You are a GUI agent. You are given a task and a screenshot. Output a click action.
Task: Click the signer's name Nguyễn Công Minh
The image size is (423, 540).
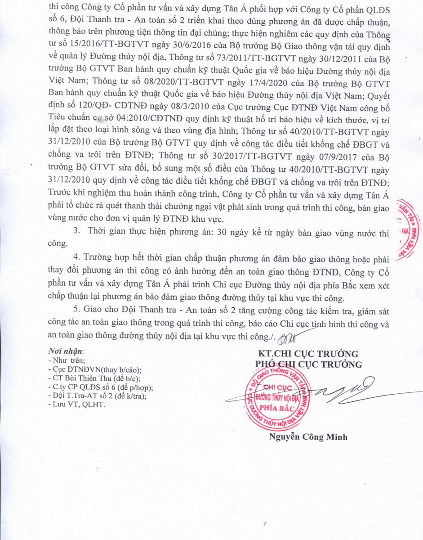[308, 436]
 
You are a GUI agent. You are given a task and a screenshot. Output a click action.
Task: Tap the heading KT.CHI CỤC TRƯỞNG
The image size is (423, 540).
[307, 353]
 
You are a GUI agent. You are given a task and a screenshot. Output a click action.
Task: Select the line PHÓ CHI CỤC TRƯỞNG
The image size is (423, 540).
[308, 364]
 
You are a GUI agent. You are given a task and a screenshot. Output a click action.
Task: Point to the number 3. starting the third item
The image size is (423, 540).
[77, 232]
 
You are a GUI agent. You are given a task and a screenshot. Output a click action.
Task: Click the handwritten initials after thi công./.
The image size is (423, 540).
[289, 336]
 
